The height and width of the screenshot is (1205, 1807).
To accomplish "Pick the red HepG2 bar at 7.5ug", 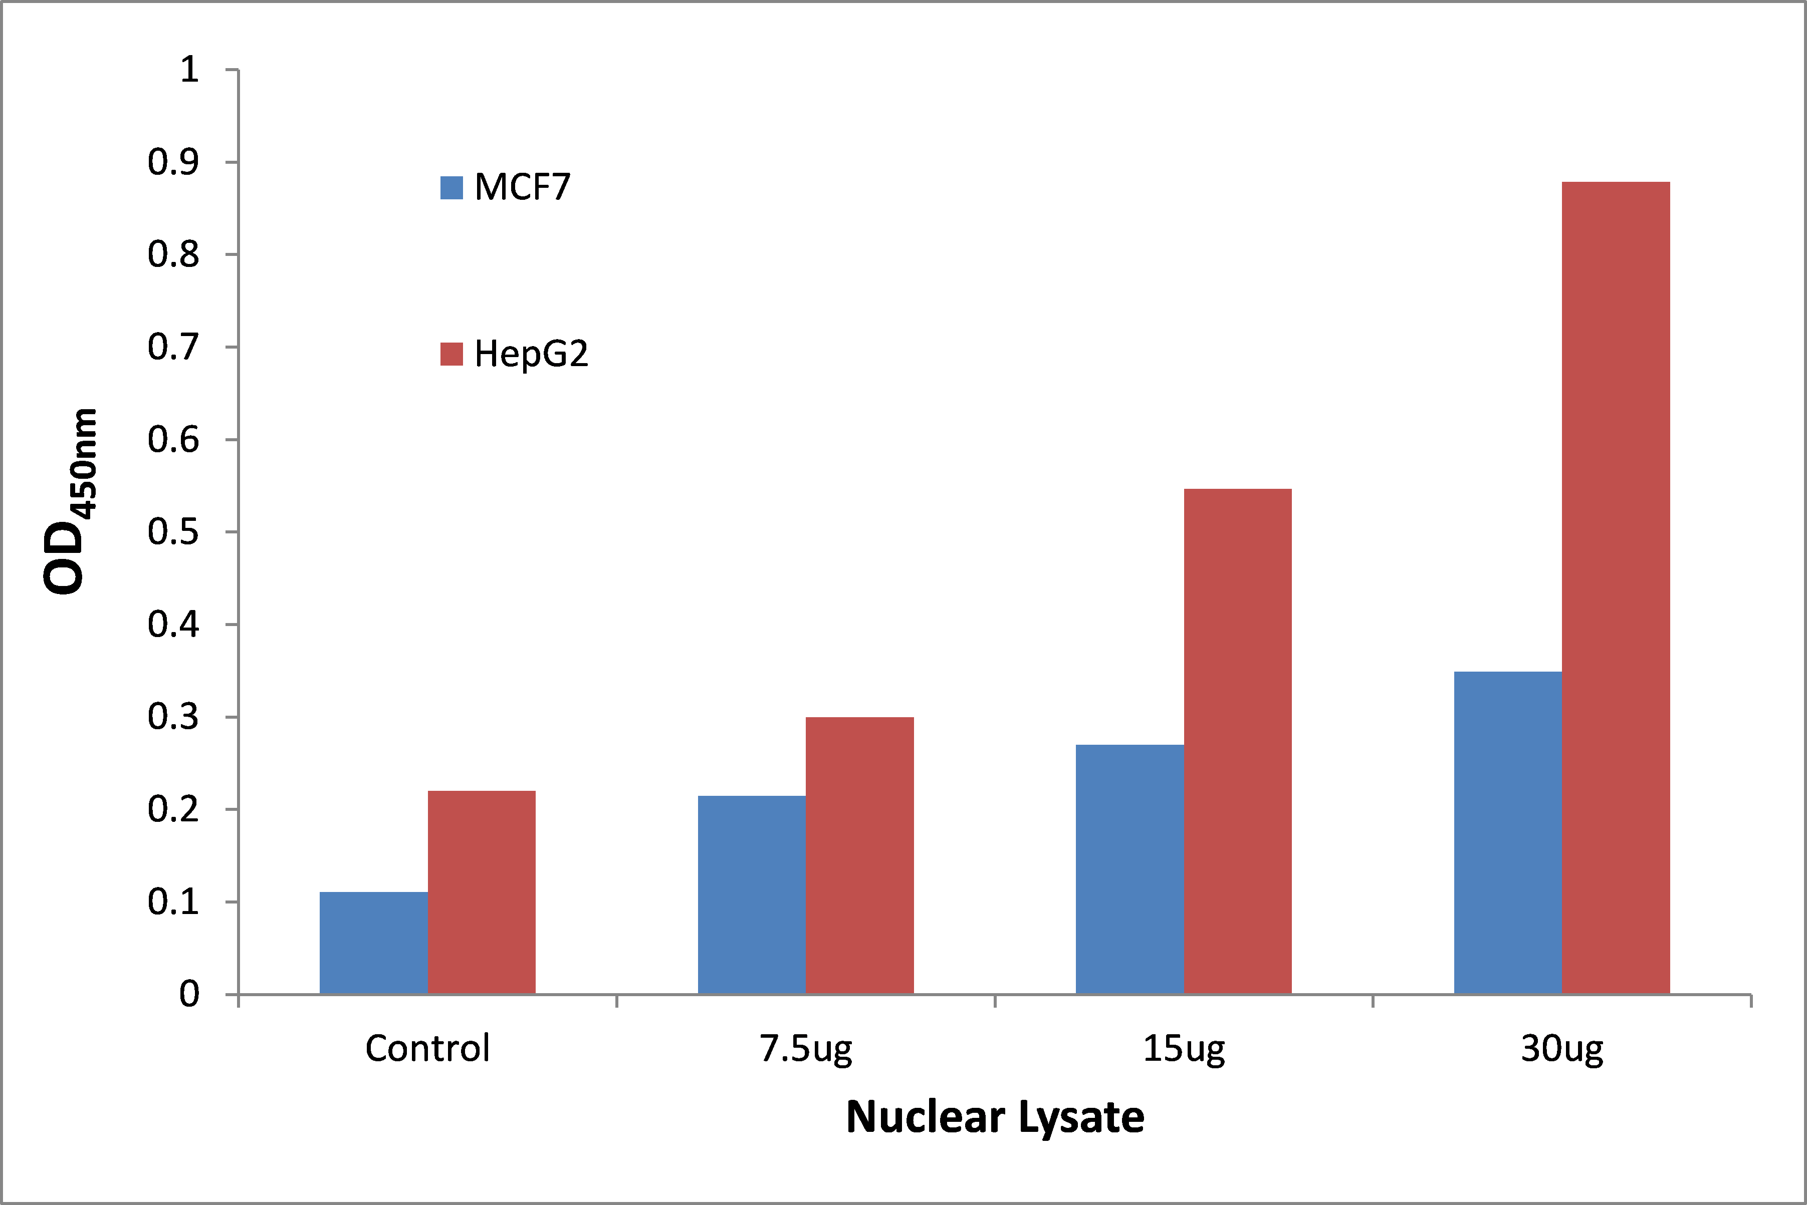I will (x=860, y=855).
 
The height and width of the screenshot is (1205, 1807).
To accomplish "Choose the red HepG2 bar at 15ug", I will (x=1237, y=742).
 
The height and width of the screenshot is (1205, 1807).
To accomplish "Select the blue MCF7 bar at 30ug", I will (x=1507, y=833).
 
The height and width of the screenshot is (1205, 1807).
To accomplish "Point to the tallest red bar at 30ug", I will (x=1616, y=588).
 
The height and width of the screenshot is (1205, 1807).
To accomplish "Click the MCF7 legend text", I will (x=522, y=187).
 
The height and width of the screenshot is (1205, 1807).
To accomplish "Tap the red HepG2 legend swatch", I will (x=451, y=354).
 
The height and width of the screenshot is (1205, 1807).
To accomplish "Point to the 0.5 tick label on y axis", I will (x=173, y=532).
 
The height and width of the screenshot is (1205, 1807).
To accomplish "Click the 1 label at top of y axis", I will (x=189, y=70).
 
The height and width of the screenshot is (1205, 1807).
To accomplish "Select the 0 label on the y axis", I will (x=189, y=995).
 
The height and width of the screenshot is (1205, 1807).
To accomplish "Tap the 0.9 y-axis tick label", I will (x=173, y=162).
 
